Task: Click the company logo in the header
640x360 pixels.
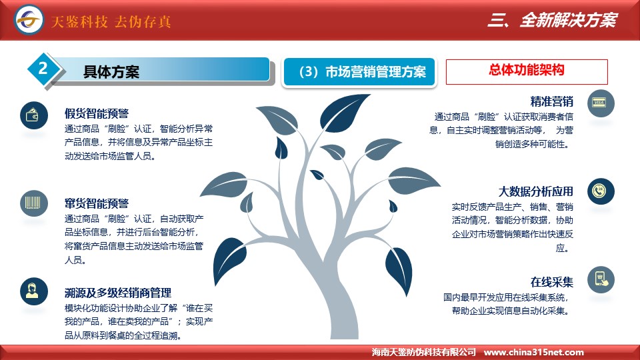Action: click(x=29, y=19)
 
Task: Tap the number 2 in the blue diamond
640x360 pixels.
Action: click(x=43, y=68)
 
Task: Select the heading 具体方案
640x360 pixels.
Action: click(x=111, y=72)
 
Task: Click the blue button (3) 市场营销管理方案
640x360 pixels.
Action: click(x=359, y=72)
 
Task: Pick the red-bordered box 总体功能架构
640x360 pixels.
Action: click(x=527, y=72)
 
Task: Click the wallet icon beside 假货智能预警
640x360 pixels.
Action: click(x=34, y=115)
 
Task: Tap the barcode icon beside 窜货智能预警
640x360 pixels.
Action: click(x=34, y=203)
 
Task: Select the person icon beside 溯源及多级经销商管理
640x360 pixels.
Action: click(x=34, y=291)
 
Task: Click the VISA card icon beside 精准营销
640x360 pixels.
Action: click(x=601, y=103)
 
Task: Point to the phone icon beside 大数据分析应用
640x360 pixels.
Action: click(x=601, y=191)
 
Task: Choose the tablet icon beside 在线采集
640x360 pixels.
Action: click(x=601, y=279)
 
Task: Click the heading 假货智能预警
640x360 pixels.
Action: click(x=97, y=113)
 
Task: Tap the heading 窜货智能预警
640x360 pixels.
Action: click(x=97, y=203)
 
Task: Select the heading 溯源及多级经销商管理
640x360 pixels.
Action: click(x=118, y=293)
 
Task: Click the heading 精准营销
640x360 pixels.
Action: click(x=551, y=101)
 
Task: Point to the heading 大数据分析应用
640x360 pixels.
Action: click(x=535, y=191)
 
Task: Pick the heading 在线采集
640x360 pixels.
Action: click(x=551, y=282)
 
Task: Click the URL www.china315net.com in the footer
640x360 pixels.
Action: click(x=533, y=352)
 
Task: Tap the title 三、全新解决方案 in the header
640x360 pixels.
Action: click(x=552, y=19)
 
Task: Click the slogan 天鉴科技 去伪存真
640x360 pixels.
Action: click(x=111, y=21)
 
